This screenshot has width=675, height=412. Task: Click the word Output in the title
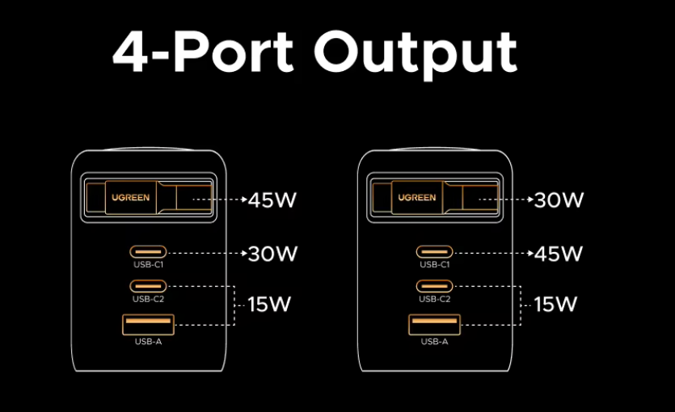coord(416,53)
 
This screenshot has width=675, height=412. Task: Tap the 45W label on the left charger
coord(272,200)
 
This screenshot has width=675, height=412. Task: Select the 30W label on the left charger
coord(272,254)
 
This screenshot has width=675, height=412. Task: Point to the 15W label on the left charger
coord(269,305)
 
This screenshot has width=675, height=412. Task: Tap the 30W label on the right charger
coord(559,200)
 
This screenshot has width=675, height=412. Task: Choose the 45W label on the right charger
coord(559,254)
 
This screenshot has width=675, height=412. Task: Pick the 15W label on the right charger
coord(555,305)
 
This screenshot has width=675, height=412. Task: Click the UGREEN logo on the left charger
coord(130,197)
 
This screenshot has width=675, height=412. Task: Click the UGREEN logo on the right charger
coord(416,197)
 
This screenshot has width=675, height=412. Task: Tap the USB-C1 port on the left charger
coord(147,251)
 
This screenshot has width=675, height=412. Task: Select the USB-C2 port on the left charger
coord(147,285)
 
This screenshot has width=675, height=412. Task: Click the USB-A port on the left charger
coord(147,325)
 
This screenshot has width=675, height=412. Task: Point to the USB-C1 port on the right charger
coord(434,251)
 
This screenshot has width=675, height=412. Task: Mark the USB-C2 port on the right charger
coord(434,285)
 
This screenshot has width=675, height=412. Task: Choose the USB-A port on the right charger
coord(434,325)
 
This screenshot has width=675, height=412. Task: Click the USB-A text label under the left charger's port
coord(147,342)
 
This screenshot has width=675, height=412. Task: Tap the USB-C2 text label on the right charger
coord(434,299)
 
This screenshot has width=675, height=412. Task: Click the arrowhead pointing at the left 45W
coord(243,199)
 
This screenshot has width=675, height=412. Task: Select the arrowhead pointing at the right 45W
coord(529,253)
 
